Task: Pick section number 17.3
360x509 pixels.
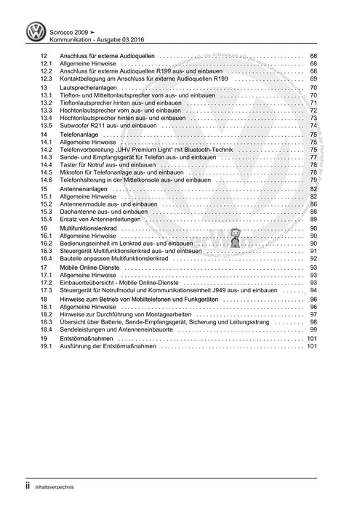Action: click(x=47, y=290)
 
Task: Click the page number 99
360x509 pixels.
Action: click(x=313, y=329)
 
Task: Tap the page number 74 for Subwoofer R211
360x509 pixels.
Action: click(x=313, y=125)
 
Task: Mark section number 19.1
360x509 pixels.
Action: click(x=47, y=348)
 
